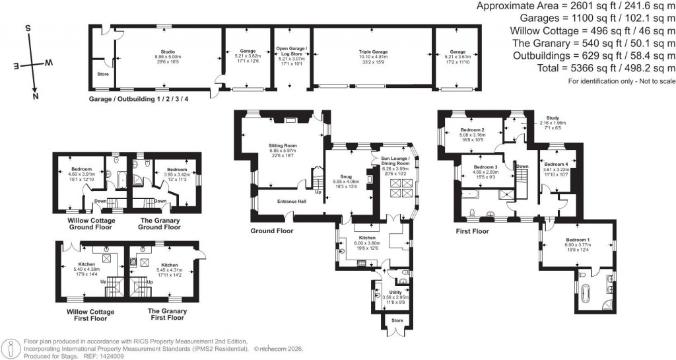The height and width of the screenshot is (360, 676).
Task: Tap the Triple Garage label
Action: point(372,52)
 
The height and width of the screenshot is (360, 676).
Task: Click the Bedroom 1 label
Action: point(577,240)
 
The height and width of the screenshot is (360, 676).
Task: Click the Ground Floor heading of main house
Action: point(271,231)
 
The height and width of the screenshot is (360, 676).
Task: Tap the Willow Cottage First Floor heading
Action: point(90,314)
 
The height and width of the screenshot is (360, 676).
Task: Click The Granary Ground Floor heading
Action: point(158,223)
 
